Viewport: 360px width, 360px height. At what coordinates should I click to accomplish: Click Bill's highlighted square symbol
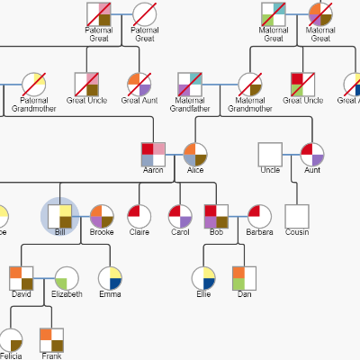tap(60, 216)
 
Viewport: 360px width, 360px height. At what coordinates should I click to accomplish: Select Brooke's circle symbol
tap(101, 216)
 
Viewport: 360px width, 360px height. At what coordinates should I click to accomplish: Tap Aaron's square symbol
tap(153, 154)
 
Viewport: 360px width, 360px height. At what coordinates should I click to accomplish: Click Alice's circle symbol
tap(195, 154)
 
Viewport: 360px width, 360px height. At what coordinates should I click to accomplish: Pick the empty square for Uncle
tap(270, 154)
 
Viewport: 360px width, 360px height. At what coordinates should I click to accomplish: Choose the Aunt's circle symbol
tap(311, 154)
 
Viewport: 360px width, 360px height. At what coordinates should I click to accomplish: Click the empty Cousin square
tap(297, 216)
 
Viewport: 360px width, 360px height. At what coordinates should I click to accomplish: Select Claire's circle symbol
tap(139, 216)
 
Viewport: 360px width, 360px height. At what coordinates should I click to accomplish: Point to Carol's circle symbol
tap(180, 216)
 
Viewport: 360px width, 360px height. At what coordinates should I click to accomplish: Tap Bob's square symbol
tap(216, 216)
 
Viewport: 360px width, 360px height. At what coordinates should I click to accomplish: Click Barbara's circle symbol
tap(258, 216)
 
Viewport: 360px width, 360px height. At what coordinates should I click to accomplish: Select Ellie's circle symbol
tap(204, 278)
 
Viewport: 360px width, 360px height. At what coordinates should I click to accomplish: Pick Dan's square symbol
tap(244, 278)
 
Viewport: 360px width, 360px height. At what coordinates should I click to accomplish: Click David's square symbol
tap(21, 278)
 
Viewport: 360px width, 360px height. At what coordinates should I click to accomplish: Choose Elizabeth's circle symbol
tap(66, 278)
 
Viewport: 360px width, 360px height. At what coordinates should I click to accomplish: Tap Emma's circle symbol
tap(110, 278)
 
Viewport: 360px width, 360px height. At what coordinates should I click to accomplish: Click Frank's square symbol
tap(51, 339)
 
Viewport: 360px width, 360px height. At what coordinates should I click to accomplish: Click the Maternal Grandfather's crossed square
tap(190, 84)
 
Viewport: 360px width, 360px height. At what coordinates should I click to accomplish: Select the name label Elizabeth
tap(66, 294)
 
